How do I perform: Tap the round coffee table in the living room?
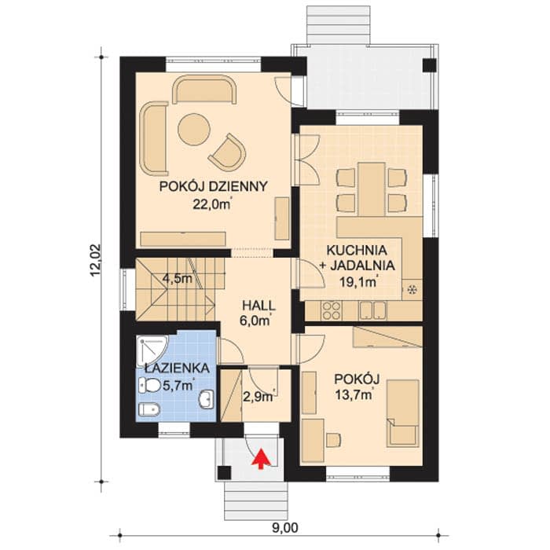[x=194, y=129]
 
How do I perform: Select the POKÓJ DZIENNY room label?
[x=213, y=186]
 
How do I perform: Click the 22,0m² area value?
[x=213, y=204]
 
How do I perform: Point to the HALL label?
[x=258, y=306]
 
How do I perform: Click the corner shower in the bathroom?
[x=152, y=350]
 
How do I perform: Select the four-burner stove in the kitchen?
[x=331, y=310]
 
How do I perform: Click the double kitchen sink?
[x=372, y=310]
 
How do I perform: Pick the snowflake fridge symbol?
[x=412, y=290]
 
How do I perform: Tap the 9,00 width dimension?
[x=284, y=527]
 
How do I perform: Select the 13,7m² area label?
[x=354, y=395]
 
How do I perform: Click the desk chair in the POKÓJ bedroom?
[x=334, y=440]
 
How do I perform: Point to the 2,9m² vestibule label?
[x=258, y=397]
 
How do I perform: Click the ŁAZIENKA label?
[x=178, y=368]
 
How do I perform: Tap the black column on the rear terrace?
[x=429, y=65]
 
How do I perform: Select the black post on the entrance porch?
[x=224, y=473]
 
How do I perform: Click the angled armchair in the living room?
[x=227, y=151]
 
